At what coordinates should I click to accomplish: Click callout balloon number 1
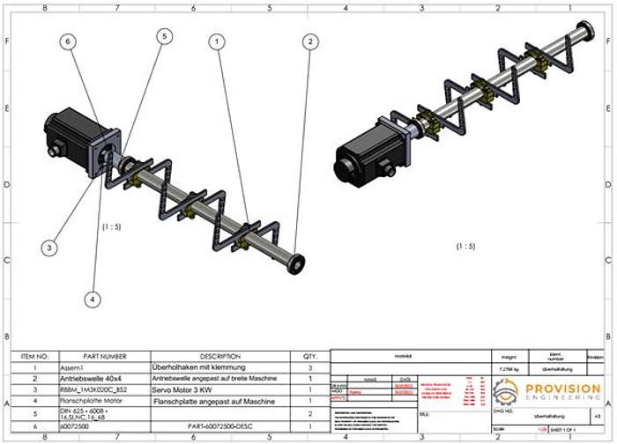pyautogui.click(x=216, y=40)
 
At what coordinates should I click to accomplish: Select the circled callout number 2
pyautogui.click(x=309, y=40)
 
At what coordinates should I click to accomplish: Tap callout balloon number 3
pyautogui.click(x=49, y=248)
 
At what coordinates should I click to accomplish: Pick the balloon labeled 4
pyautogui.click(x=93, y=300)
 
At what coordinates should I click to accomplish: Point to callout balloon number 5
pyautogui.click(x=164, y=36)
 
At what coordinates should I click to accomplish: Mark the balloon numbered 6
pyautogui.click(x=68, y=41)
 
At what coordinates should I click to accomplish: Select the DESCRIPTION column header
pyautogui.click(x=214, y=356)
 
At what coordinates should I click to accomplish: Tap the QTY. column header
pyautogui.click(x=309, y=356)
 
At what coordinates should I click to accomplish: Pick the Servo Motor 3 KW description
pyautogui.click(x=179, y=389)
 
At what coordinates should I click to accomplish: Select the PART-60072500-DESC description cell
pyautogui.click(x=217, y=425)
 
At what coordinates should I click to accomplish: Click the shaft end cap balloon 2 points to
pyautogui.click(x=296, y=261)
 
